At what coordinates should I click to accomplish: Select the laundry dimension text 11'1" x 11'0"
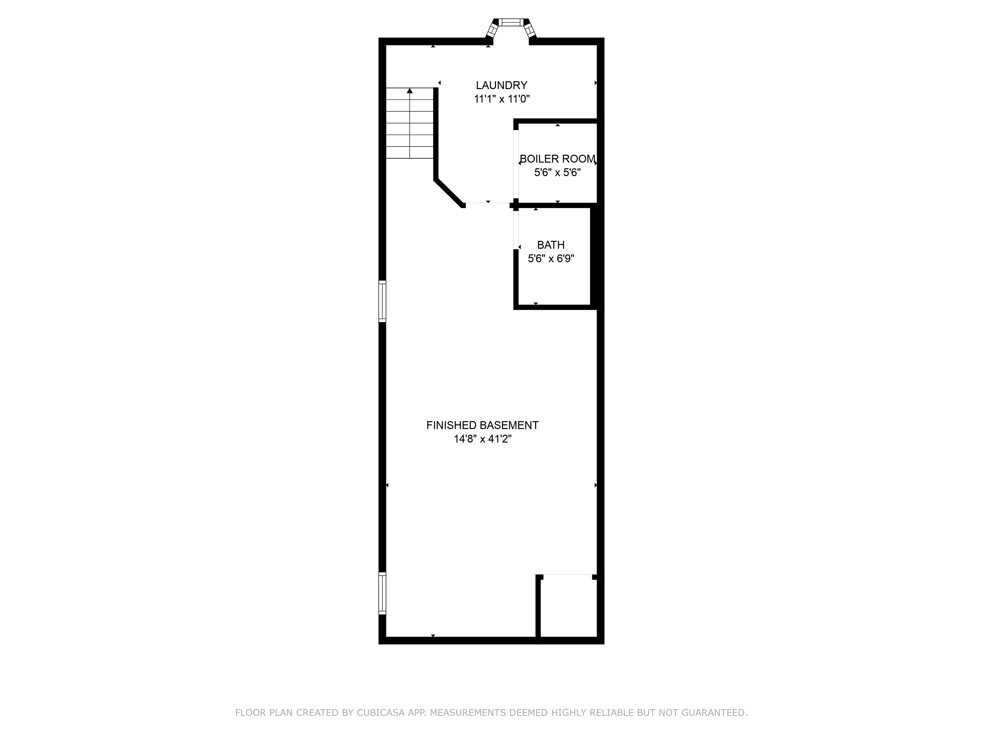click(502, 99)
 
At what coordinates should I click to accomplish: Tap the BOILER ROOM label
click(557, 159)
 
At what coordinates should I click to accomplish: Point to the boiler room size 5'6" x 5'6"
click(557, 173)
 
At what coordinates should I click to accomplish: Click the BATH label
click(551, 245)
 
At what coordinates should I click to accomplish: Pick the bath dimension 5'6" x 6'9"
click(551, 259)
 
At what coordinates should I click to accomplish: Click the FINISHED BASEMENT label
click(482, 425)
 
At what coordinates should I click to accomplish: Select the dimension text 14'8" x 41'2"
click(482, 439)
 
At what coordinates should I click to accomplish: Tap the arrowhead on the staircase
click(410, 91)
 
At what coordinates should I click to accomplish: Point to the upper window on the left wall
click(382, 301)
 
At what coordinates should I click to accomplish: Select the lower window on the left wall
click(382, 593)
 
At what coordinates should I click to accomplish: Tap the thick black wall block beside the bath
click(597, 257)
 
